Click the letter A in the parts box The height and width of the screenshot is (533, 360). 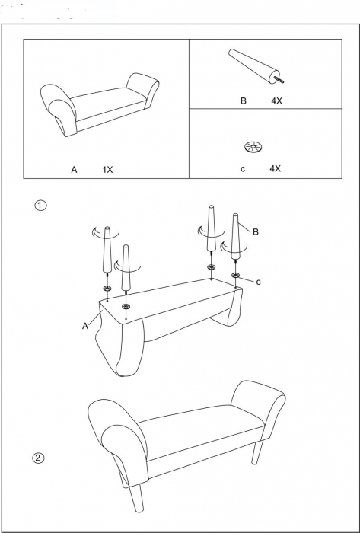tap(74, 170)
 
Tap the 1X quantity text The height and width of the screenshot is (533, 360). tap(107, 170)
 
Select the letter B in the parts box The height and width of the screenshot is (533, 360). tap(243, 101)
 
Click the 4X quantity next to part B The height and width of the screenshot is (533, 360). tap(276, 101)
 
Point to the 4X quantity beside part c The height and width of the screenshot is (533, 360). tap(275, 168)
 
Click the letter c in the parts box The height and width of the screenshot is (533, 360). tap(243, 169)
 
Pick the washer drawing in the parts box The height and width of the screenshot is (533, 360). tap(253, 147)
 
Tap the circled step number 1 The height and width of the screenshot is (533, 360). tap(41, 206)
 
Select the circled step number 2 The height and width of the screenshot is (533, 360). tap(38, 458)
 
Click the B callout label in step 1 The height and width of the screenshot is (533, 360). tap(256, 231)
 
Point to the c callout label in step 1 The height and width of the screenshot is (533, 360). tap(259, 282)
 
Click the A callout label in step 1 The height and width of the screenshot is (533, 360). tap(85, 327)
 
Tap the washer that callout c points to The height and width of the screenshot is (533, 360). tap(235, 275)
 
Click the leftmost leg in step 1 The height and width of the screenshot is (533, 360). tap(107, 251)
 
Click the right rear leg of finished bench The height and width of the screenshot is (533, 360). tap(258, 452)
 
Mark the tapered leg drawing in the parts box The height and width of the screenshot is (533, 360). tap(256, 66)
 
